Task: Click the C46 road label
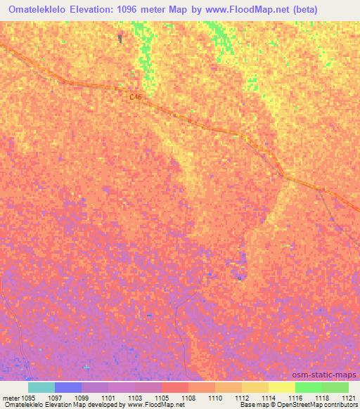click(x=136, y=98)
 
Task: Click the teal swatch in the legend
click(x=41, y=387)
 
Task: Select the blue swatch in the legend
click(x=68, y=387)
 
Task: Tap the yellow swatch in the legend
click(x=282, y=387)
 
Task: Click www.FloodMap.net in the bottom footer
click(x=155, y=405)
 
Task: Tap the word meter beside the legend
click(x=10, y=398)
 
